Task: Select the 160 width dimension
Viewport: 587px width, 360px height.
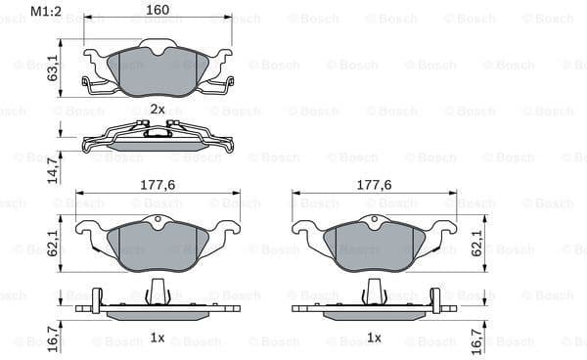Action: tap(158, 12)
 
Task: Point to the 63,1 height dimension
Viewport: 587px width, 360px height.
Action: tap(55, 70)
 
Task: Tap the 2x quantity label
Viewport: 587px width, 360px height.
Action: tap(157, 109)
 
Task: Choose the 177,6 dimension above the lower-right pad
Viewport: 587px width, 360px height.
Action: tap(373, 184)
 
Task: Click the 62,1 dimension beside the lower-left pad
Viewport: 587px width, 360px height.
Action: tap(55, 240)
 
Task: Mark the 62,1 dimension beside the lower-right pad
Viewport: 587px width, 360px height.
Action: tap(476, 240)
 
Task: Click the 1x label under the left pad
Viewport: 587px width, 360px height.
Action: tap(157, 337)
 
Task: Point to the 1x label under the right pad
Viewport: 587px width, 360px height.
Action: tap(373, 337)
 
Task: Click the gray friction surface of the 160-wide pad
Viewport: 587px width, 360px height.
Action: tap(158, 70)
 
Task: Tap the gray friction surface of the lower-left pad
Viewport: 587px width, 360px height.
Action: tap(157, 245)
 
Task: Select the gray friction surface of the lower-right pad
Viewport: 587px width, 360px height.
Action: tap(374, 245)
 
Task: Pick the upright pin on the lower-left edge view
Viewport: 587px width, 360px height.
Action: tap(157, 291)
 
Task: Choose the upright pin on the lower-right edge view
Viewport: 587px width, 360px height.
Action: tap(374, 291)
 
